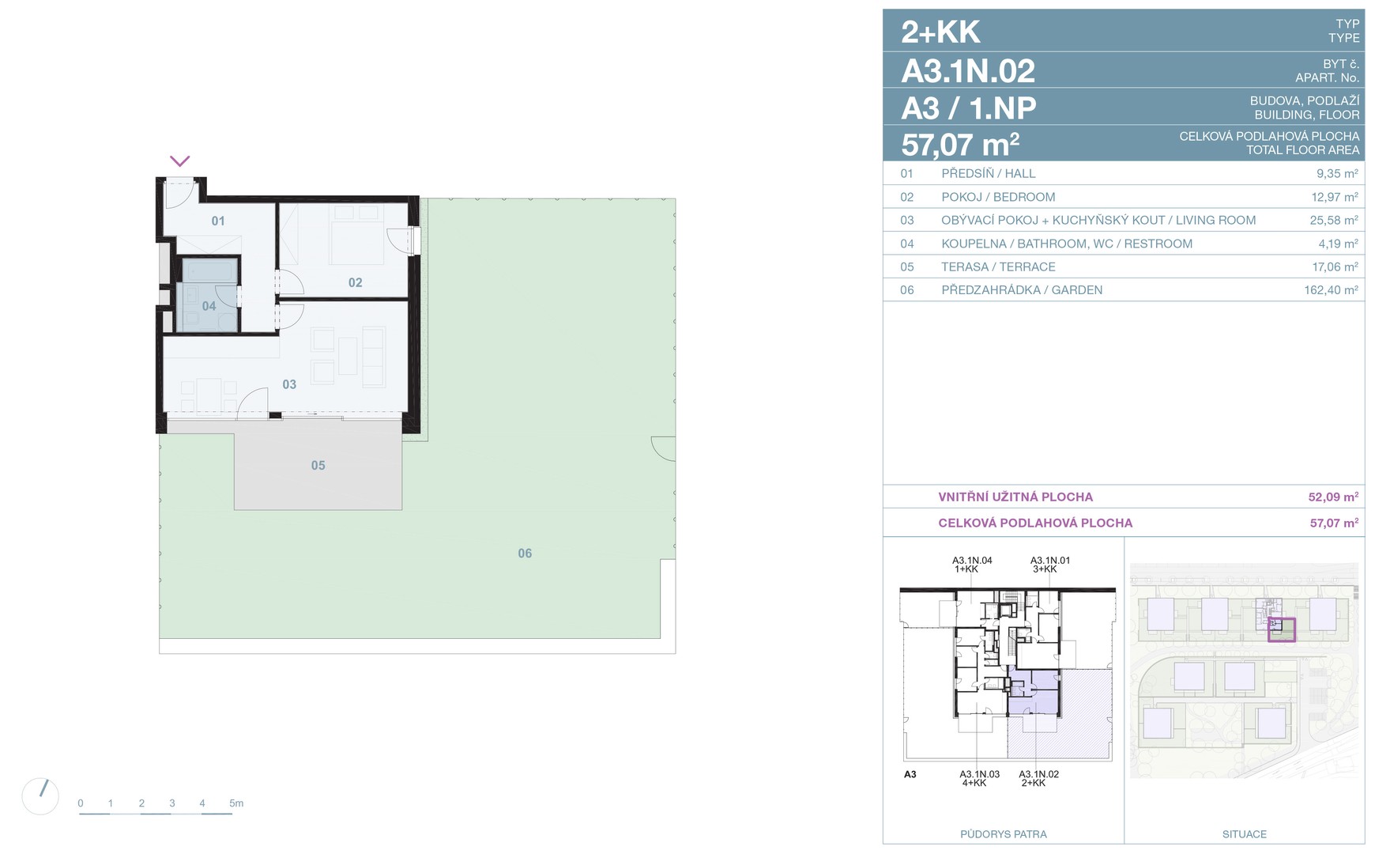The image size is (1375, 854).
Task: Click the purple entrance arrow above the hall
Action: (180, 161)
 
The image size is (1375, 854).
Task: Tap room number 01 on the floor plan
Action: (218, 221)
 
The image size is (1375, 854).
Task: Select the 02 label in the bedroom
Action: (356, 282)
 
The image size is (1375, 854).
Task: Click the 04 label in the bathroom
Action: (209, 306)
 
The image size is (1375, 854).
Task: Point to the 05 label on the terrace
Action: (318, 466)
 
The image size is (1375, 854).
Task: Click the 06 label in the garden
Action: (525, 554)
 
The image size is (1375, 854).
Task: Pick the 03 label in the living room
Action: (289, 384)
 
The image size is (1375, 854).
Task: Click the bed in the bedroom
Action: (356, 235)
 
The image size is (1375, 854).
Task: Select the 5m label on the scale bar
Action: (236, 803)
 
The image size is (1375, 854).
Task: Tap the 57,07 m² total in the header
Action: (960, 145)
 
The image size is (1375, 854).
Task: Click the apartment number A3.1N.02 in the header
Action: (968, 71)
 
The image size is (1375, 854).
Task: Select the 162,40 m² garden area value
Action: (1331, 290)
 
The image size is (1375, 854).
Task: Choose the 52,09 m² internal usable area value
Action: (1333, 497)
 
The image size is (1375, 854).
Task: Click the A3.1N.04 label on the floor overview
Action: (972, 561)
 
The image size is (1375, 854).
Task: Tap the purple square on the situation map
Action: (1282, 630)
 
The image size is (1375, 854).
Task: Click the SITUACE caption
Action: (1244, 834)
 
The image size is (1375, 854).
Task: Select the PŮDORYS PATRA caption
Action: (1003, 834)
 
